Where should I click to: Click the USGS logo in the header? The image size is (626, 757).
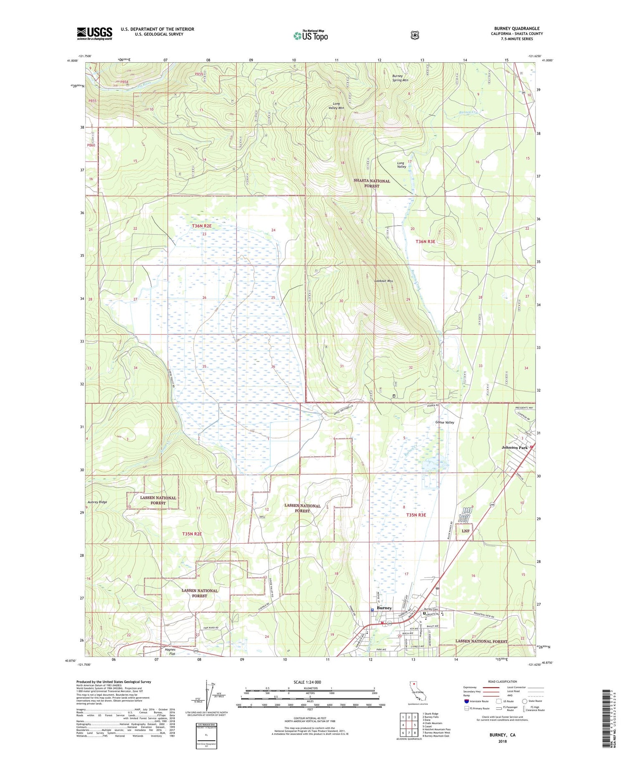94,33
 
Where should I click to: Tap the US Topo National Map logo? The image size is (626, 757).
310,35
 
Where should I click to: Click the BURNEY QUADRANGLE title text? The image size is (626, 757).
516,28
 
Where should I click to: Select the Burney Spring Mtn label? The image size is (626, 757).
400,78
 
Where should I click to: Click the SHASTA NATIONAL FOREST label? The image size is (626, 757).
372,183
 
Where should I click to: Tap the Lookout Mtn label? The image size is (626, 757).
384,281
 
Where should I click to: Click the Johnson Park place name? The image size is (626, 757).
515,448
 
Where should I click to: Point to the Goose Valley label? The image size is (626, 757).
444,423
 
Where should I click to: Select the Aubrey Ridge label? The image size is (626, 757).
97,502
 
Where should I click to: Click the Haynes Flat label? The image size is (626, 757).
170,652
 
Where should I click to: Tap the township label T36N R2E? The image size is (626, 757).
202,226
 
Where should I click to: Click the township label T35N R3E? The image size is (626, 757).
416,515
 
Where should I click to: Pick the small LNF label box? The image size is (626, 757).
465,531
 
